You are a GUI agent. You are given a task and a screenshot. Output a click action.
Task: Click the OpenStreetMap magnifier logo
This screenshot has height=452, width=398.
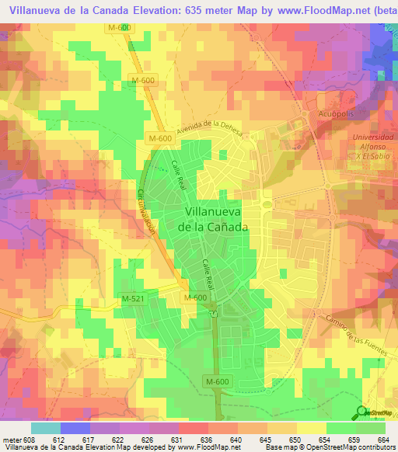pyautogui.click(x=362, y=412)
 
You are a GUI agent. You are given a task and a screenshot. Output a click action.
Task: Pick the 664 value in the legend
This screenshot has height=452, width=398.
pyautogui.click(x=384, y=440)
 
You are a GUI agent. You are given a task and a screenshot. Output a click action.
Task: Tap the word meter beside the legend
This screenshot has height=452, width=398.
pyautogui.click(x=13, y=440)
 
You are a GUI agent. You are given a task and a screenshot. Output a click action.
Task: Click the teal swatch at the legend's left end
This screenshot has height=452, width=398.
pyautogui.click(x=45, y=428)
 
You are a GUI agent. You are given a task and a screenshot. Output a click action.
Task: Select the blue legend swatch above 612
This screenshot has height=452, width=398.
pyautogui.click(x=75, y=428)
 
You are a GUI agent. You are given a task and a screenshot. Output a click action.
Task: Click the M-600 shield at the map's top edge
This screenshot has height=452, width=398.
pyautogui.click(x=119, y=27)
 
